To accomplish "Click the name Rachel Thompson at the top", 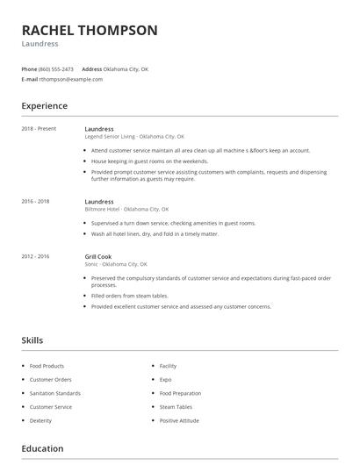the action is pyautogui.click(x=90, y=31).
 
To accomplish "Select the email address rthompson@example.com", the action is pyautogui.click(x=71, y=79).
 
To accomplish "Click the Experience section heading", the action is pyautogui.click(x=45, y=106).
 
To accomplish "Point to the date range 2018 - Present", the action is pyautogui.click(x=39, y=129).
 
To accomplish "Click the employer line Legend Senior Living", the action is pyautogui.click(x=134, y=137).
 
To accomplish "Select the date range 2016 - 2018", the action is pyautogui.click(x=36, y=202).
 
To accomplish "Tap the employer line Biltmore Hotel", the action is pyautogui.click(x=126, y=210).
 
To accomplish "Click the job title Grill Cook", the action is pyautogui.click(x=98, y=256).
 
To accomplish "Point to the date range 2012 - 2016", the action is pyautogui.click(x=36, y=256).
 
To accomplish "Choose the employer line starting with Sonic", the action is pyautogui.click(x=116, y=264).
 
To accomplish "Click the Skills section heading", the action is pyautogui.click(x=32, y=340).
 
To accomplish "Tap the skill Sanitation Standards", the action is pyautogui.click(x=55, y=393).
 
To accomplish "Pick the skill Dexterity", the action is pyautogui.click(x=41, y=420).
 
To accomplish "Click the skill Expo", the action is pyautogui.click(x=165, y=379).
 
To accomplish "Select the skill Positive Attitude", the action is pyautogui.click(x=179, y=420).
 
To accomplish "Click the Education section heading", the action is pyautogui.click(x=42, y=449).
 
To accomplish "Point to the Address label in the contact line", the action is pyautogui.click(x=91, y=68).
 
